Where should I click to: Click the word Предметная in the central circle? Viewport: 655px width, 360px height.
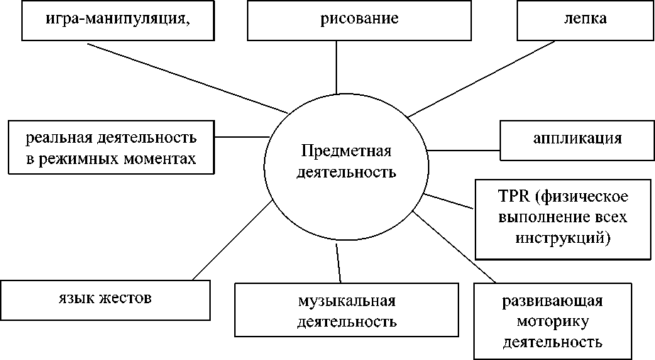coord(346,151)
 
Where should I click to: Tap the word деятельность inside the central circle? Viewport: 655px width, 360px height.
coord(346,171)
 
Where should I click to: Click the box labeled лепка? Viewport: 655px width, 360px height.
coord(585,19)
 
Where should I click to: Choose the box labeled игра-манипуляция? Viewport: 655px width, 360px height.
coord(119,19)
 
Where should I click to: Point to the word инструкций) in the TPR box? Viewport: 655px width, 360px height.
coord(565,236)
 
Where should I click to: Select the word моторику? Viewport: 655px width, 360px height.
coord(552,321)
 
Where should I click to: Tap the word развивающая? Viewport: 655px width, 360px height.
coord(552,300)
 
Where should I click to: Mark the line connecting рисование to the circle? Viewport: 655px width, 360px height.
coord(336,67)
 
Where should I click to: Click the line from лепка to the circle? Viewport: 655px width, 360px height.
coord(483,78)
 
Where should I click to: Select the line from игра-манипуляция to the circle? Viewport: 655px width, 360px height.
coord(188,78)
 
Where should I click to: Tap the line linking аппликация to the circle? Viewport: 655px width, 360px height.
coord(465,150)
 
